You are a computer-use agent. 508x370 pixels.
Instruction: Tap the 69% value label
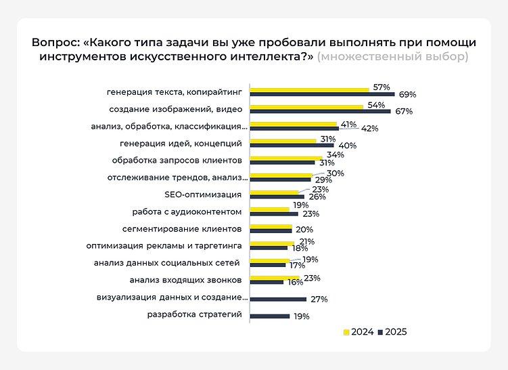407,95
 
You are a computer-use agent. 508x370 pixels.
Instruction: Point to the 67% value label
404,112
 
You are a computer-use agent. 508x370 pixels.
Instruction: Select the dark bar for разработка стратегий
270,316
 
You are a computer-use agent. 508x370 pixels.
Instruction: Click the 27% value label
319,299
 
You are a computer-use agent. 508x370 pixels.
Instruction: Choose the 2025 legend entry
392,332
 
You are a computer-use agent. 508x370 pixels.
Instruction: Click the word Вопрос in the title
54,42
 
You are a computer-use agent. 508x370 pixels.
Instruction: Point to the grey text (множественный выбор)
393,56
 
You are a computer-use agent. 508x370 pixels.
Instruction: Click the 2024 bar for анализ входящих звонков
275,279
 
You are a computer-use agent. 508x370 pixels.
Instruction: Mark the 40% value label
347,146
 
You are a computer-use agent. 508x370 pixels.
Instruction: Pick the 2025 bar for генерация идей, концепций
292,145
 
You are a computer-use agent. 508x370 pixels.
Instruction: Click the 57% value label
382,88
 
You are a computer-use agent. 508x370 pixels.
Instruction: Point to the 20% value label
304,230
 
